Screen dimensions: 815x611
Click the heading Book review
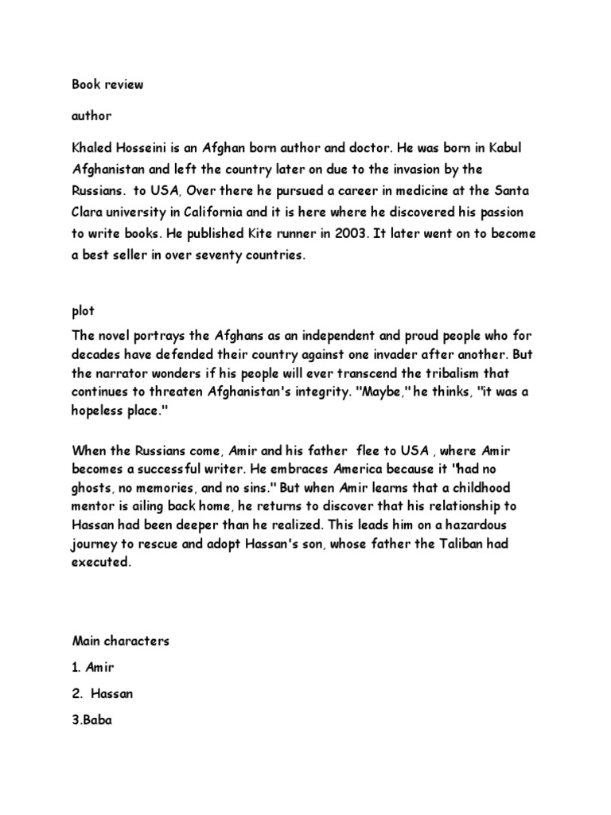[107, 84]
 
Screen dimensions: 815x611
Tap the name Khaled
[93, 150]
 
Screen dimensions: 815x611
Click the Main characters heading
[120, 641]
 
